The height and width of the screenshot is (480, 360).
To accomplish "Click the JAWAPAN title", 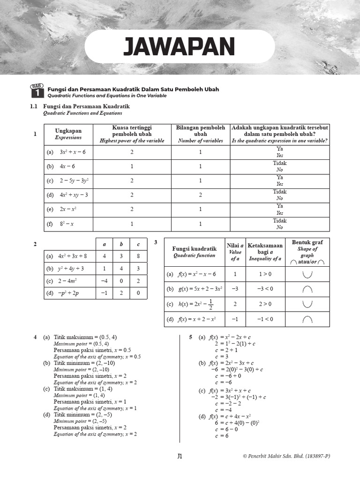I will click(179, 46).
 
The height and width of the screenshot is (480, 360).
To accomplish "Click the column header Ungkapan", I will click(68, 134).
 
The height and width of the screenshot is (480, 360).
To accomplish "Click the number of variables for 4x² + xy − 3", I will click(200, 195).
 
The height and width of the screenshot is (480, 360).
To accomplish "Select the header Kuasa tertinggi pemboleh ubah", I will click(132, 134).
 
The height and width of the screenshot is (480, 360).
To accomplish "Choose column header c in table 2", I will click(138, 244).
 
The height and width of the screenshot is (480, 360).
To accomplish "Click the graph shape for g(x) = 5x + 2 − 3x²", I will click(307, 289).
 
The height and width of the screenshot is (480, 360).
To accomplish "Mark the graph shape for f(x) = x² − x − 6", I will click(307, 274).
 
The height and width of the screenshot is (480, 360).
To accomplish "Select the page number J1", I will click(180, 456).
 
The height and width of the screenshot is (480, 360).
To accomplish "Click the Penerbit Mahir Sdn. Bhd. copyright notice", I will click(290, 456).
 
